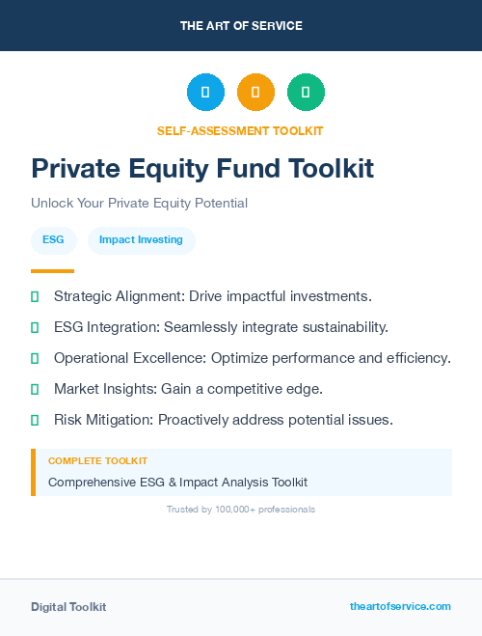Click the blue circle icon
pyautogui.click(x=205, y=93)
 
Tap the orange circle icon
pyautogui.click(x=255, y=93)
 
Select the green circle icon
pyautogui.click(x=306, y=93)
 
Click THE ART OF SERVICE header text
pyautogui.click(x=241, y=26)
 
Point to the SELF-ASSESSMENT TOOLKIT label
pyautogui.click(x=240, y=130)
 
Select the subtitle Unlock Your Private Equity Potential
pyautogui.click(x=139, y=204)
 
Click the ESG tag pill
pyautogui.click(x=54, y=240)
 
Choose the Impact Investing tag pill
pyautogui.click(x=141, y=240)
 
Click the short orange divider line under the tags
pyautogui.click(x=52, y=271)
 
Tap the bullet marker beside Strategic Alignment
pyautogui.click(x=35, y=296)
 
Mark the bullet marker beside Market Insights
pyautogui.click(x=35, y=389)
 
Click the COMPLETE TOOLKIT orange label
pyautogui.click(x=97, y=461)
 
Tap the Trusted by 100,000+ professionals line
pyautogui.click(x=241, y=509)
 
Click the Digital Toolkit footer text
pyautogui.click(x=68, y=607)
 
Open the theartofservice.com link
pyautogui.click(x=400, y=606)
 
